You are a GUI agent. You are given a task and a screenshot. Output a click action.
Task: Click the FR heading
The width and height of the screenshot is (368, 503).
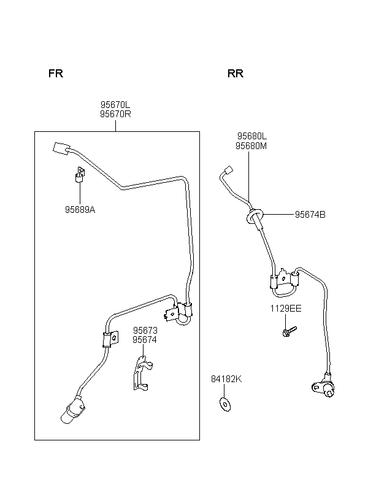click(x=56, y=74)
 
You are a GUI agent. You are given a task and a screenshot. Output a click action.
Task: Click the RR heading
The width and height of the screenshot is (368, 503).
click(x=236, y=74)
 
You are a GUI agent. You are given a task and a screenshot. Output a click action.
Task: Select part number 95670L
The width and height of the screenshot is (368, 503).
click(x=115, y=104)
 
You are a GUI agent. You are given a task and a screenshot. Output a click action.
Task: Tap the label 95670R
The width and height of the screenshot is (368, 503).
click(x=115, y=114)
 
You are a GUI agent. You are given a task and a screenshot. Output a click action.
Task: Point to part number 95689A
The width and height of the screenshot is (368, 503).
click(x=80, y=209)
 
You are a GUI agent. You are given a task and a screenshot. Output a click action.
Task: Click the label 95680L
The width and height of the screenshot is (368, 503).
click(x=252, y=136)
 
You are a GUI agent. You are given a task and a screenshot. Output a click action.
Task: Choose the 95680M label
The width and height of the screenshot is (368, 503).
click(x=251, y=146)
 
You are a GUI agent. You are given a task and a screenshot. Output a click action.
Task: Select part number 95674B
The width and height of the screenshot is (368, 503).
click(x=310, y=214)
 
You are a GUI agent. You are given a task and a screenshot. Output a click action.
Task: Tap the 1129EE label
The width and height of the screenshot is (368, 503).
click(x=286, y=309)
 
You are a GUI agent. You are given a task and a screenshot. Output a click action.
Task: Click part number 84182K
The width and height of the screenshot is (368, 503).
click(x=226, y=379)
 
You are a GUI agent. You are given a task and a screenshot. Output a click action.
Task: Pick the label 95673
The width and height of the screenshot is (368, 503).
click(x=145, y=330)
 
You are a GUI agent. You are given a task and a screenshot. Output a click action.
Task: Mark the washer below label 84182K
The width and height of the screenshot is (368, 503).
click(x=225, y=404)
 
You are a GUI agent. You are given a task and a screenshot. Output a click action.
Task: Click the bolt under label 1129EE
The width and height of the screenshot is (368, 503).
click(x=289, y=331)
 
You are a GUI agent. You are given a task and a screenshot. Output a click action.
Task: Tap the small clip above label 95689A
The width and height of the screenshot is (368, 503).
click(x=80, y=174)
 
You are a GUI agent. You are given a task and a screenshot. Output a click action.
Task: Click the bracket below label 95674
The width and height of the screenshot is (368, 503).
click(x=142, y=373)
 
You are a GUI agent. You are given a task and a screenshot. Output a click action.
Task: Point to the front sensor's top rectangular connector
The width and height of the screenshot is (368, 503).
click(x=61, y=149)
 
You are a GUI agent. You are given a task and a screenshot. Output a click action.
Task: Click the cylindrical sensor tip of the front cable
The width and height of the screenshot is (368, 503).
click(x=72, y=411)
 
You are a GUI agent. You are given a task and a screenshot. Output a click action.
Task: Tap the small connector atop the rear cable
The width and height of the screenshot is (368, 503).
click(x=228, y=170)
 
